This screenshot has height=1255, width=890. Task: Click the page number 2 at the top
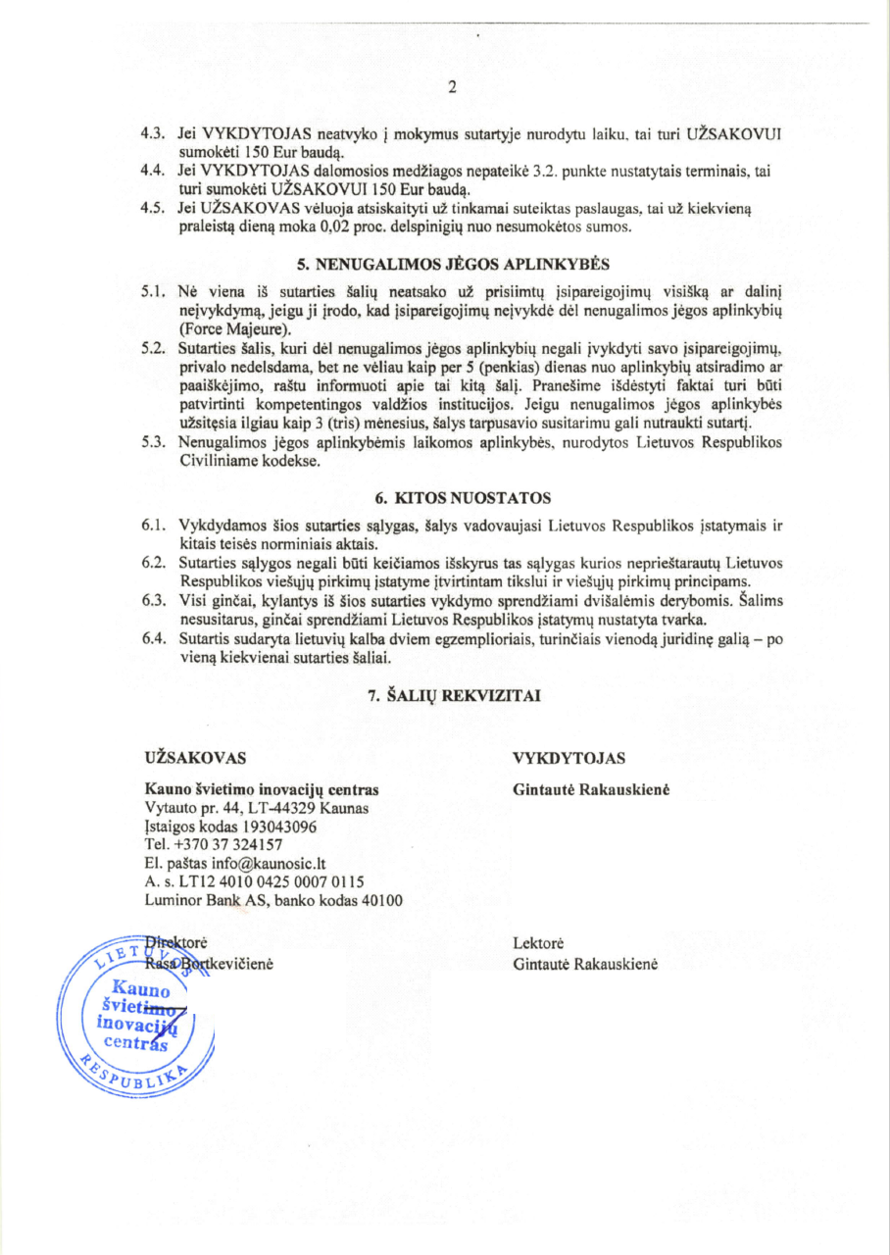point(453,87)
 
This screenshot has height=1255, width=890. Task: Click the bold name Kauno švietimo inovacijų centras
point(261,789)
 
